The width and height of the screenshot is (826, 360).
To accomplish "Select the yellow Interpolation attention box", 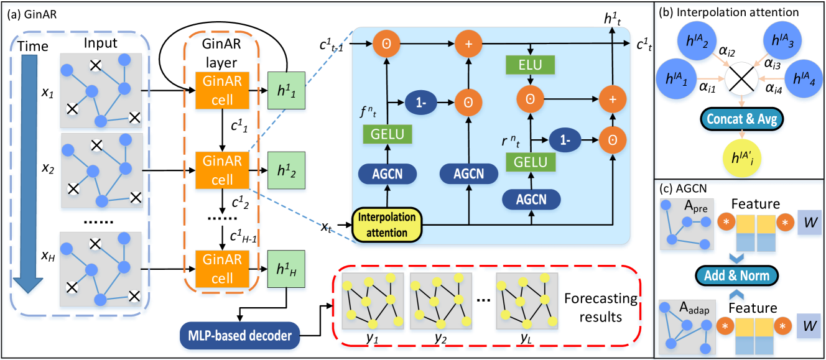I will pos(387,224).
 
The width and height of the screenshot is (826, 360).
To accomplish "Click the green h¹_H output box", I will pos(286,270).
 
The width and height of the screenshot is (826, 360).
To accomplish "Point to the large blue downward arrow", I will pos(29,174).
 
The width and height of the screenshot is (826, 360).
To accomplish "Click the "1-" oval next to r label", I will pos(564,141).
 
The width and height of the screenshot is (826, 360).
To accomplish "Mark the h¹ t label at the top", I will pos(613,19).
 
